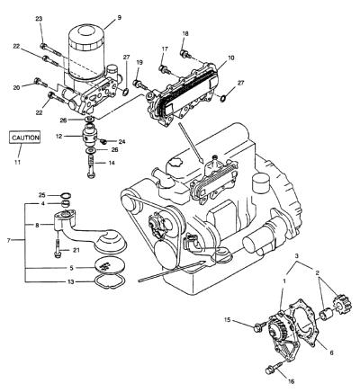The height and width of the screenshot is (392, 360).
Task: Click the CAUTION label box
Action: tap(25, 138)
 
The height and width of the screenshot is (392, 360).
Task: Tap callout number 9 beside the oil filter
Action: tap(120, 18)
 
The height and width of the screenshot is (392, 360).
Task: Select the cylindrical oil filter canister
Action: tap(87, 51)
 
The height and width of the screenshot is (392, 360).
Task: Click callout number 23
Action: tap(39, 19)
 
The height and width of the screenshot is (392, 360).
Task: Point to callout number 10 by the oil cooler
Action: tap(230, 58)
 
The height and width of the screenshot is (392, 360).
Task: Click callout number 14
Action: tap(111, 163)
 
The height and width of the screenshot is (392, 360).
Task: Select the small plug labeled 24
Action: tap(104, 140)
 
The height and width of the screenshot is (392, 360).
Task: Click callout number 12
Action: tap(58, 136)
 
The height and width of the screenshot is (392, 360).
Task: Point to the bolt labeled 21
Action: tap(58, 247)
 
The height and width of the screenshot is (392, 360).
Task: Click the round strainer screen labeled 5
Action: tap(108, 265)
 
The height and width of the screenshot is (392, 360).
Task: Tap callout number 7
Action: tap(9, 240)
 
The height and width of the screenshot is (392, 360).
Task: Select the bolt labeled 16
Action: tap(274, 368)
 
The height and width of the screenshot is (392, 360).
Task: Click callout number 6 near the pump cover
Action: tap(331, 353)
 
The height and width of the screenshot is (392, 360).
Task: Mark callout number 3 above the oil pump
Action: tap(297, 256)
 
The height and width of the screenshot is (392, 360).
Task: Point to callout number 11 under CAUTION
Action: tap(17, 162)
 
